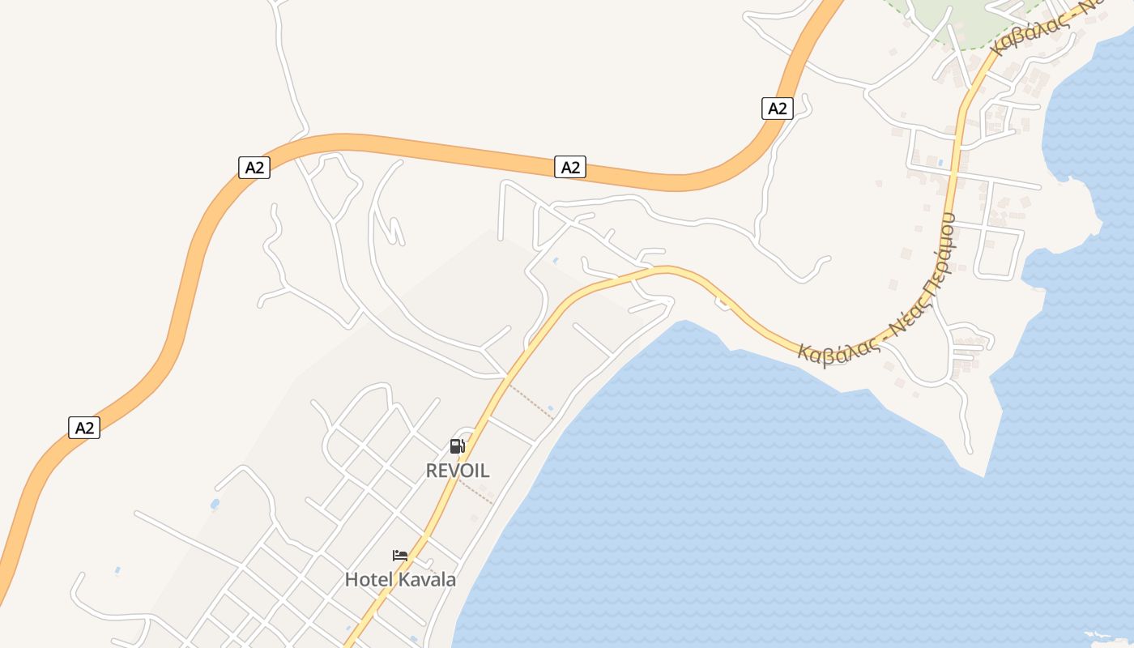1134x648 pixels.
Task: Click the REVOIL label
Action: pyautogui.click(x=458, y=471)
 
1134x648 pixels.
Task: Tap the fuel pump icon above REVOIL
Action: pyautogui.click(x=457, y=446)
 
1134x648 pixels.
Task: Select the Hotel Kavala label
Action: pyautogui.click(x=400, y=580)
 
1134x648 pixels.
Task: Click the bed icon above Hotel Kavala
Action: pyautogui.click(x=400, y=556)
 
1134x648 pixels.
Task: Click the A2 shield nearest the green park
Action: pyautogui.click(x=777, y=108)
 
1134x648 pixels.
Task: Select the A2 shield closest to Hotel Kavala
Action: pyautogui.click(x=84, y=428)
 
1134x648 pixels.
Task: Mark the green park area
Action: pyautogui.click(x=956, y=16)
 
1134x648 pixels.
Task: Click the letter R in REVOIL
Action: pyautogui.click(x=432, y=471)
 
